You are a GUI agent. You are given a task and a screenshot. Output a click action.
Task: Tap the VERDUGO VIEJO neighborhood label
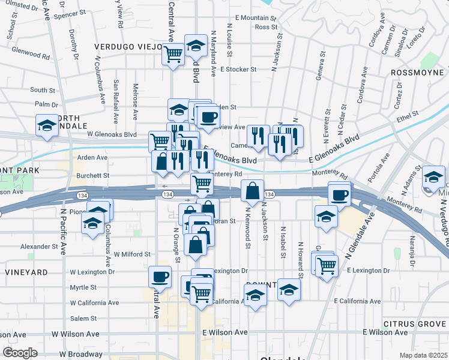128,47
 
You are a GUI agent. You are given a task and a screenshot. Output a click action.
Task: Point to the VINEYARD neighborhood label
26,272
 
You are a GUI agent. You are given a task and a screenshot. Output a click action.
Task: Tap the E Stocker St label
238,69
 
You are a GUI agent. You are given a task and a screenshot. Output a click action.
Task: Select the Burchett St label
92,176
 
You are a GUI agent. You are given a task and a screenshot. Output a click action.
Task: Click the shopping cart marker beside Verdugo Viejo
173,53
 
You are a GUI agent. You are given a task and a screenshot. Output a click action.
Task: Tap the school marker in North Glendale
47,125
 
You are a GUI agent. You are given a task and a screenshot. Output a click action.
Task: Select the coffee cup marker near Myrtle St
160,277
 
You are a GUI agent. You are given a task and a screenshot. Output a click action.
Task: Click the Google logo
20,353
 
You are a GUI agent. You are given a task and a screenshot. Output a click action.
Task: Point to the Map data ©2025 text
423,355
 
